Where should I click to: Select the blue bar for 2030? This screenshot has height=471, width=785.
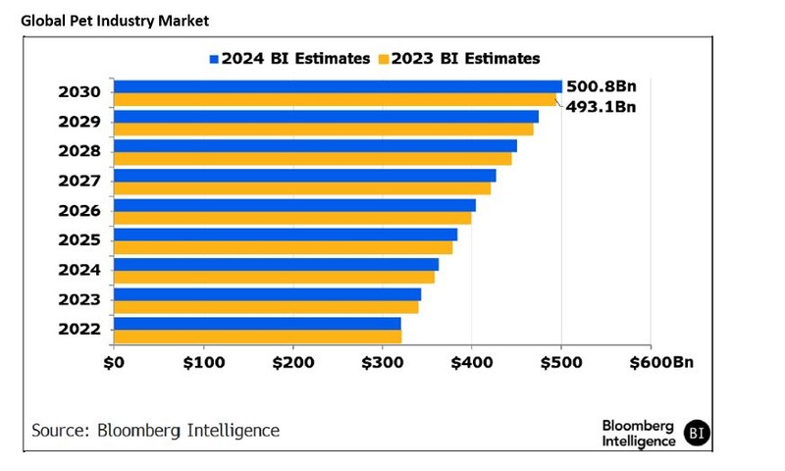[338, 86]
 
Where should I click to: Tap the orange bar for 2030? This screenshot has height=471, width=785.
[335, 99]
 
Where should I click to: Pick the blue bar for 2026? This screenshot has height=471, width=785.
[294, 205]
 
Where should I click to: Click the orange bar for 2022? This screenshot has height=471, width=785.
[257, 337]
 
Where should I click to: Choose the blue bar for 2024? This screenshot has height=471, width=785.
[276, 264]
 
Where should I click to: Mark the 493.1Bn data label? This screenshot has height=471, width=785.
[602, 106]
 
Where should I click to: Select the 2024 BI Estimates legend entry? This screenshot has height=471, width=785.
[289, 58]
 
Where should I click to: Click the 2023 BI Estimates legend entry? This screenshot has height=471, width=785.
[458, 58]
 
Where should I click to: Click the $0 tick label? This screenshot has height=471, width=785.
[114, 364]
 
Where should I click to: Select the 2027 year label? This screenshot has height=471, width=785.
[79, 182]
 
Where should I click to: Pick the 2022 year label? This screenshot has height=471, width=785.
[79, 329]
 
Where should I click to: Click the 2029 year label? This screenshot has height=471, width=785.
[79, 123]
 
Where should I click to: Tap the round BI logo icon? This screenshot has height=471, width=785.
[696, 432]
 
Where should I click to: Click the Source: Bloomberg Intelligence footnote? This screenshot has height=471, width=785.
[155, 431]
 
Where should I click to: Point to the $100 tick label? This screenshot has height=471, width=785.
[203, 364]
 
